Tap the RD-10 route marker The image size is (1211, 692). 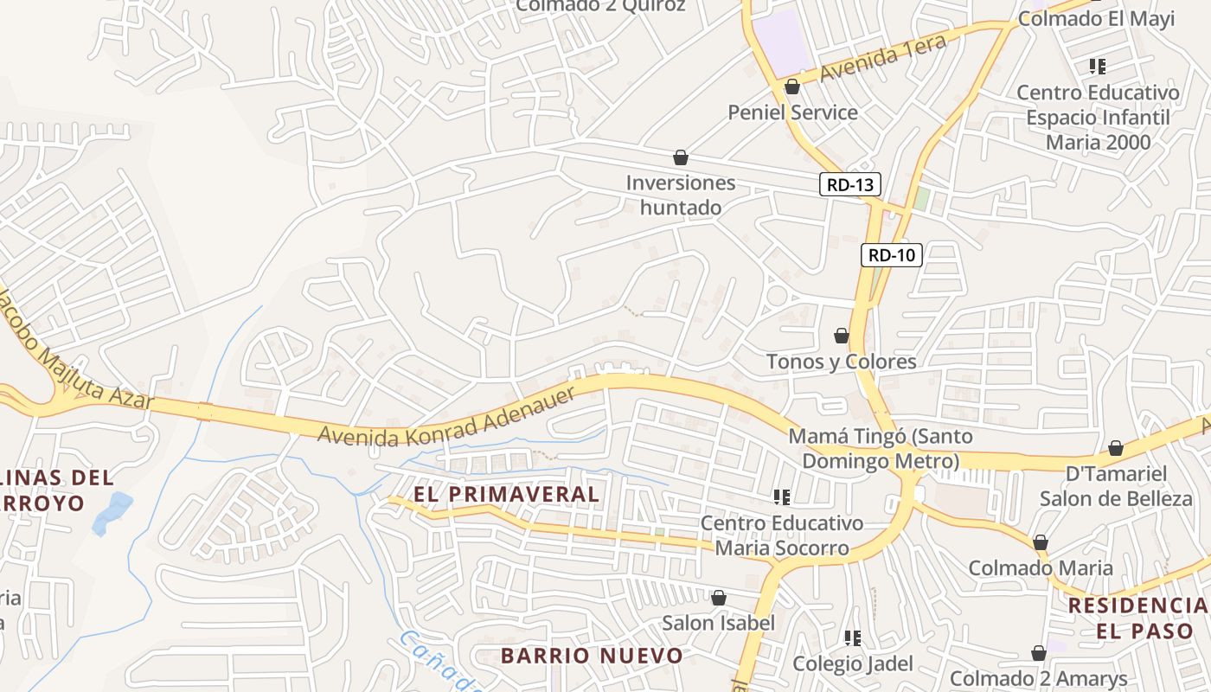892,255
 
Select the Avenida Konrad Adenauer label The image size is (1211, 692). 446,418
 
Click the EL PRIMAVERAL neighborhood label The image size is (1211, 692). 506,494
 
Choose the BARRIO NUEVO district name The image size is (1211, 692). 592,656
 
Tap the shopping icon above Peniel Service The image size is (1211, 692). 792,86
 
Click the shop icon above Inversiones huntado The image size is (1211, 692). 681,157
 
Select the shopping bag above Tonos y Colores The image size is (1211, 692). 841,336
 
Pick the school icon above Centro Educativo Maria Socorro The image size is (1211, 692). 782,497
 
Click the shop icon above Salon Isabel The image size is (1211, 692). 718,598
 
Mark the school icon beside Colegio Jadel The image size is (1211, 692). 853,638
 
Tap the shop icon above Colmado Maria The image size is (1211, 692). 1040,542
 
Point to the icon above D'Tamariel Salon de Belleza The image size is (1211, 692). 1116,448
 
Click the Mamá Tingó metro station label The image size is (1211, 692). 881,448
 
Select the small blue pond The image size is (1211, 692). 112,512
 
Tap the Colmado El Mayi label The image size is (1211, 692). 1096,19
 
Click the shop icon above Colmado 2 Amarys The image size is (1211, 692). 1038,653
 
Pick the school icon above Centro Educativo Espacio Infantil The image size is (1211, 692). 1098,66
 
